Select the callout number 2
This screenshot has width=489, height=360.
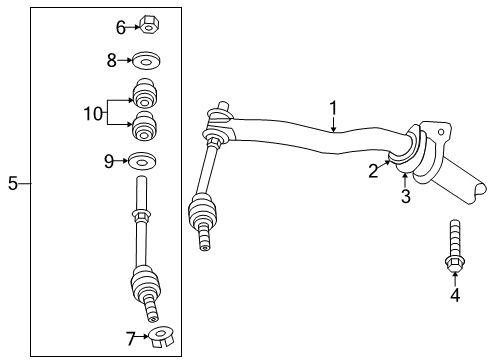coord(372,171)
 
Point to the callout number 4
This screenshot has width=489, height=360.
coord(454,295)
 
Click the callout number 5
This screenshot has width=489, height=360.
coord(12,183)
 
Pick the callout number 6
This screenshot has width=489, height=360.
coord(122,28)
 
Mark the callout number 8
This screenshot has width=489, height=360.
coord(112,60)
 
